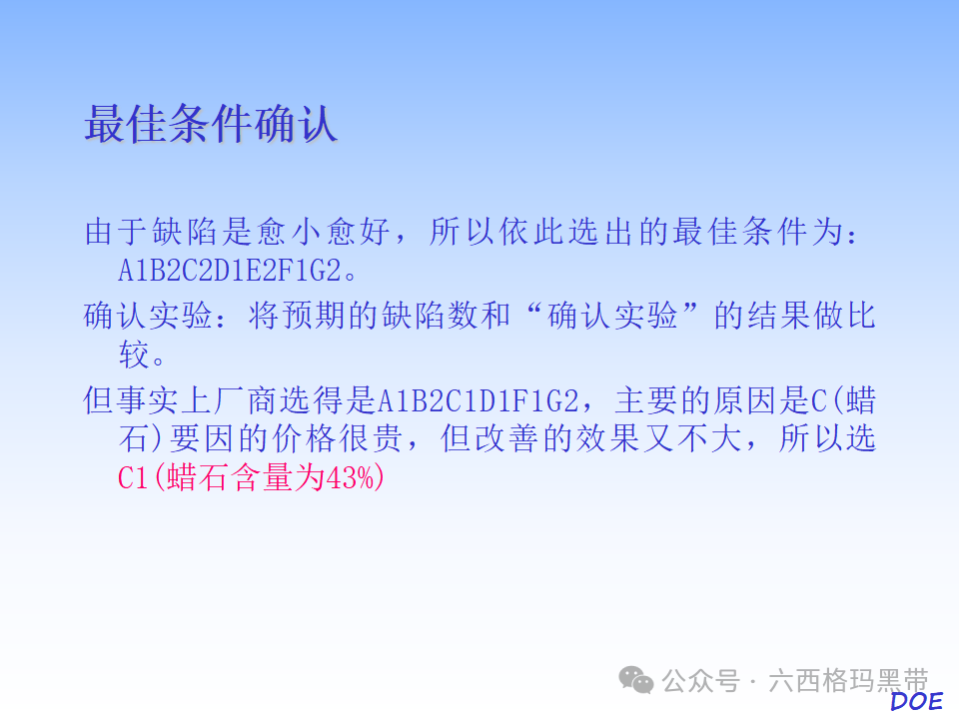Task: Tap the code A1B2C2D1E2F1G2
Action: [x=238, y=272]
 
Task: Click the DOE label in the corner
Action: [x=916, y=701]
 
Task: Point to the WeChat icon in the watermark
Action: [x=636, y=680]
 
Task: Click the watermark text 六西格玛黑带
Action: [x=848, y=681]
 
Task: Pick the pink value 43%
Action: [x=356, y=478]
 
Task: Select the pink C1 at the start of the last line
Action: [x=133, y=478]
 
